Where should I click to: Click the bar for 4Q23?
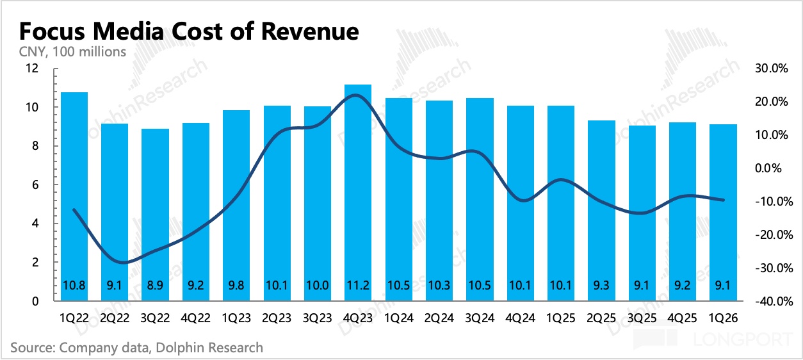358,192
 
